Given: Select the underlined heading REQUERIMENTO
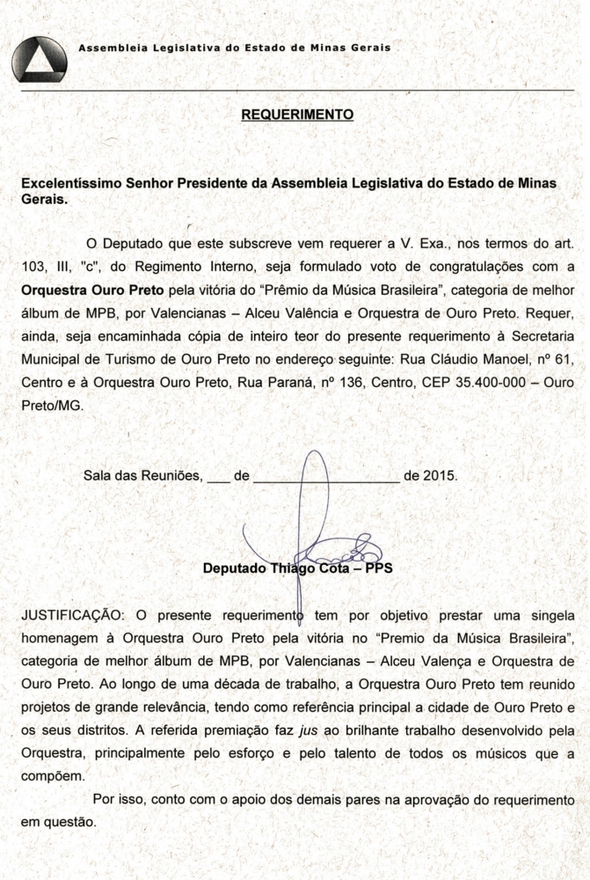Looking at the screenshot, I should tap(297, 114).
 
